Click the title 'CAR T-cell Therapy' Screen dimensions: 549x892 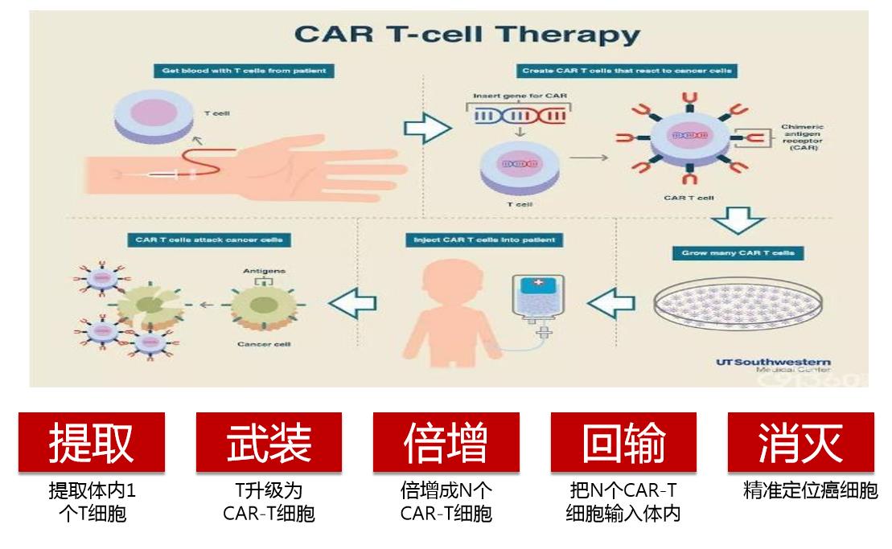point(467,35)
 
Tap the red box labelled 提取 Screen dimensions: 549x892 point(92,442)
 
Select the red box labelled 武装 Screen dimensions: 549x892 point(269,442)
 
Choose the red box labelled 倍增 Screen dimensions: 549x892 point(446,442)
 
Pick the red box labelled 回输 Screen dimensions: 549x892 point(623,442)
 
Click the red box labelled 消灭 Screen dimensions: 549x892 point(800,442)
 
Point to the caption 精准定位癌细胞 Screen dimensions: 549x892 point(810,490)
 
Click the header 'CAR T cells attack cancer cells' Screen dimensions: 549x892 point(208,240)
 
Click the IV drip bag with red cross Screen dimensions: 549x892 point(536,299)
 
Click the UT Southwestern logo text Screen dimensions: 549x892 point(772,363)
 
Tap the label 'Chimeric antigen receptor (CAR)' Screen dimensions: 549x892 point(802,137)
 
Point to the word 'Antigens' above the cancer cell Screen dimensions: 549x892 point(263,271)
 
